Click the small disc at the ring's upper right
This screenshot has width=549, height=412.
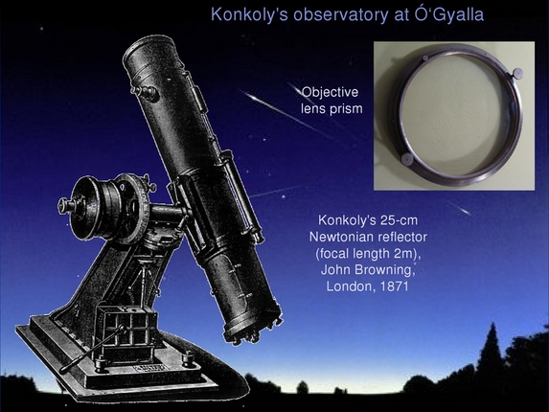click(x=515, y=73)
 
